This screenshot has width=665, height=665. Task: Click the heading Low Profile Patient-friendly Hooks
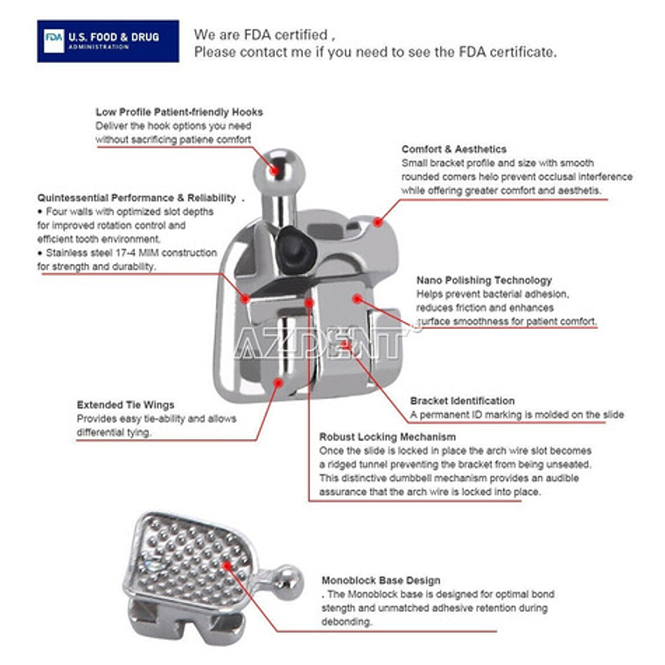(x=178, y=112)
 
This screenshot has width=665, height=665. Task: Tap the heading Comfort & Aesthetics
(x=453, y=150)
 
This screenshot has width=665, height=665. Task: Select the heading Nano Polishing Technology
(x=484, y=280)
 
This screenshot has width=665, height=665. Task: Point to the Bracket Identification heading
(x=462, y=401)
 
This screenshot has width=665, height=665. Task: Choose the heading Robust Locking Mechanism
(x=387, y=437)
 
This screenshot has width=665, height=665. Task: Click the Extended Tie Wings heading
(x=125, y=405)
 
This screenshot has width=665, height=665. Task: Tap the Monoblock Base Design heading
(x=381, y=580)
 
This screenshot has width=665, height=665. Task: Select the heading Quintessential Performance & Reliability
(x=136, y=198)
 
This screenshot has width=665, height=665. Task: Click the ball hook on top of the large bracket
(x=273, y=165)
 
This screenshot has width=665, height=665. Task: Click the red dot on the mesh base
(x=229, y=565)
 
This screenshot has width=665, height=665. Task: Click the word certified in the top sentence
(x=300, y=35)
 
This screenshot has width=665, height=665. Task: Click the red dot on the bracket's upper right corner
(x=378, y=221)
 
